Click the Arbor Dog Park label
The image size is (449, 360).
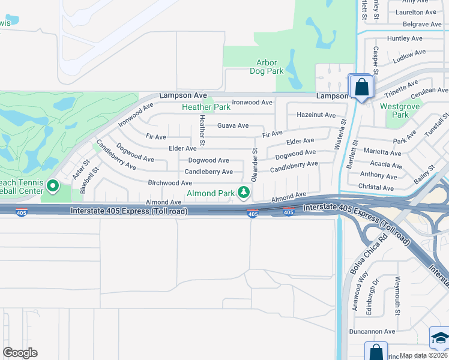267,67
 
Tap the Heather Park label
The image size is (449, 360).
206,107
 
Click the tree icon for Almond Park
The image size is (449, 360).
244,193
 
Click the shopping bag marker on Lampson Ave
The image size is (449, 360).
361,88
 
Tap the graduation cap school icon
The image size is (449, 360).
440,337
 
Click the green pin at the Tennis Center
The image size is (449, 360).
52,187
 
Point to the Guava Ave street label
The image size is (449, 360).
233,125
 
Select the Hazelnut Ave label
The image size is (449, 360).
316,115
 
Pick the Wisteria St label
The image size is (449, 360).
343,133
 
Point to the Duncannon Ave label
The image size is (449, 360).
372,331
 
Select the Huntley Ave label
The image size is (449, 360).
405,38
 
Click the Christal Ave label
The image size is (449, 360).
376,188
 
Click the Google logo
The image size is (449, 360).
20,353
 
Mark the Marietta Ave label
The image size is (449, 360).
382,152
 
